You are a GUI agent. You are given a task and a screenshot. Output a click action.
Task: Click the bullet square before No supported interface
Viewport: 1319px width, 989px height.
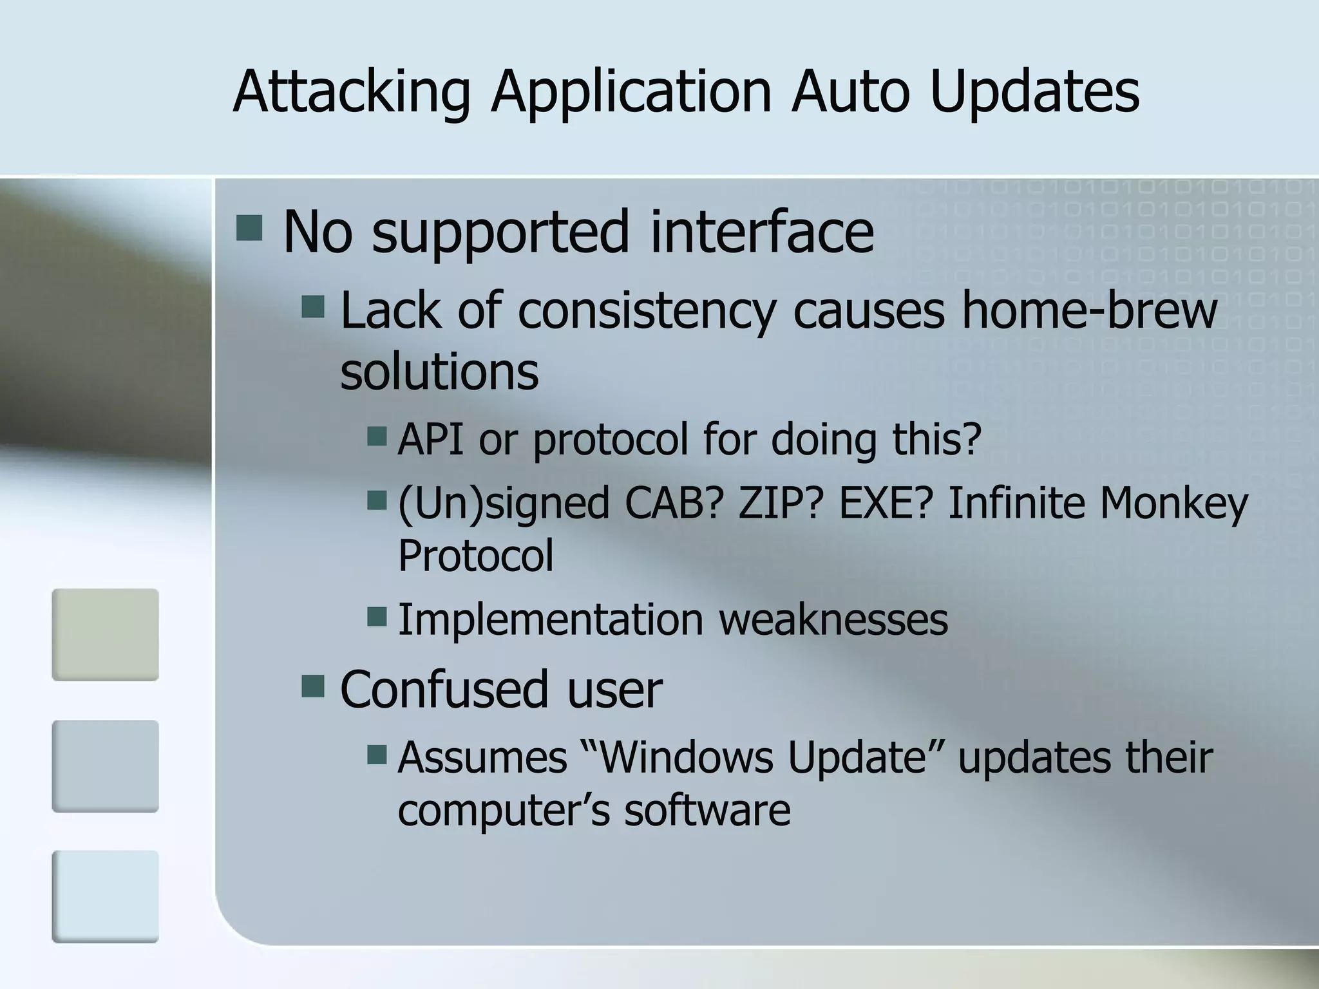click(x=249, y=228)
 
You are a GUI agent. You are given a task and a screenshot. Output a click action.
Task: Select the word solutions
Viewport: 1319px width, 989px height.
click(x=439, y=372)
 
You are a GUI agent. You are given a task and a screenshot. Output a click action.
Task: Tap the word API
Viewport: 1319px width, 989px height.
click(x=430, y=439)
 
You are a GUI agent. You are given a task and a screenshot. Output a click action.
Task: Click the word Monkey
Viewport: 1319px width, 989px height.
click(x=1173, y=503)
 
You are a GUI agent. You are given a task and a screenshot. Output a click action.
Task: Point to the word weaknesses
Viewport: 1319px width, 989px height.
click(x=833, y=619)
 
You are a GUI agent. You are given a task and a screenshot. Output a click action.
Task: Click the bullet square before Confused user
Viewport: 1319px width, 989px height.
click(x=313, y=686)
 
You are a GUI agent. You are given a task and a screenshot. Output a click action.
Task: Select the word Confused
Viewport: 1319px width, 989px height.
click(x=443, y=689)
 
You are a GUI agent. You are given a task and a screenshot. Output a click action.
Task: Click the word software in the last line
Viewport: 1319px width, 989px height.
click(x=707, y=810)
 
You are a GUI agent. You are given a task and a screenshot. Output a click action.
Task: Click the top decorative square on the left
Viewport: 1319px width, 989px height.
click(x=105, y=634)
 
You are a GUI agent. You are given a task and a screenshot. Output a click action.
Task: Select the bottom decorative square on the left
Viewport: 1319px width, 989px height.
click(x=105, y=896)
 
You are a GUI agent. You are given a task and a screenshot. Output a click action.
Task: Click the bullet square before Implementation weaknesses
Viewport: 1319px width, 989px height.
click(x=377, y=617)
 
